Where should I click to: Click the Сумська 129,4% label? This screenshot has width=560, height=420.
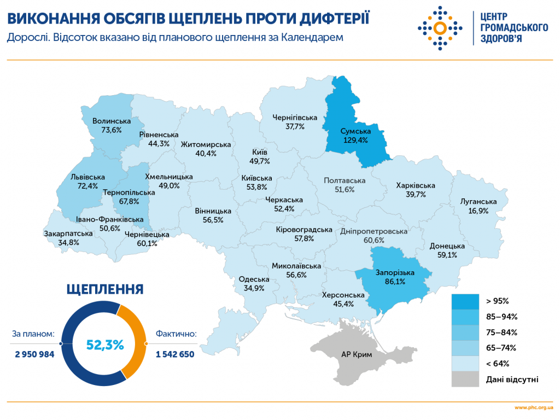coord(355,136)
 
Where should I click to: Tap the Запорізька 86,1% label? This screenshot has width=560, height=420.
coord(395,277)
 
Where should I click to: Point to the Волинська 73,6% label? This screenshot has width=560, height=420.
coord(112,125)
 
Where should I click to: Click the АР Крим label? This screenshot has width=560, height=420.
coord(357,354)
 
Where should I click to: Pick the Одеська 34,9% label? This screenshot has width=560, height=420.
coord(254,283)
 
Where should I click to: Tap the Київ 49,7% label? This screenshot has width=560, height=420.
coord(260,156)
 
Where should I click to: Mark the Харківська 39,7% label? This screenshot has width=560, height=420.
coord(416,190)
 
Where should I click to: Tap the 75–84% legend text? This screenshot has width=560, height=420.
coord(501,332)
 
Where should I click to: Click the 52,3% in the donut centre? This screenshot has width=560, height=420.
coord(104,345)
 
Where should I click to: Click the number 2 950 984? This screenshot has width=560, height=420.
coord(34,354)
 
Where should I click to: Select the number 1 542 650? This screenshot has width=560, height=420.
coord(175,354)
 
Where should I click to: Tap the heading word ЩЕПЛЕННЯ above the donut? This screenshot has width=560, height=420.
coord(104,289)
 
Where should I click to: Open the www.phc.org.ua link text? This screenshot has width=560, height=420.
coord(534,408)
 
